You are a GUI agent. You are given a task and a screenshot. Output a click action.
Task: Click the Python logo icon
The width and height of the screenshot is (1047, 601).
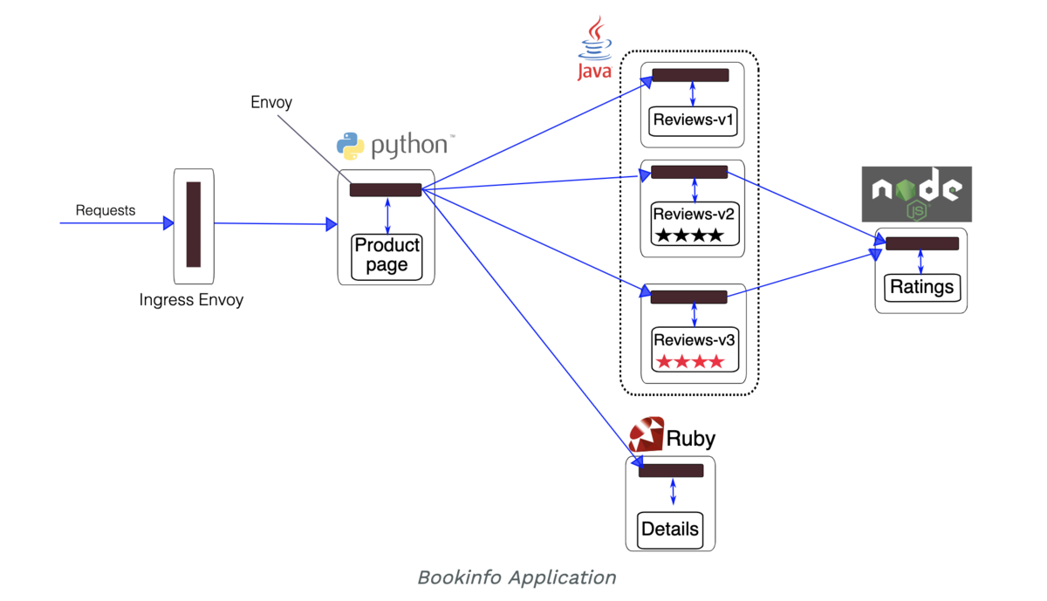click(350, 146)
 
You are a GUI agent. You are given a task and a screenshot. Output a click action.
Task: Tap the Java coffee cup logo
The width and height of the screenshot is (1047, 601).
click(595, 38)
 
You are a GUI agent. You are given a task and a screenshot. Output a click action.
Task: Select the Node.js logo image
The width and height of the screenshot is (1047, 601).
click(916, 194)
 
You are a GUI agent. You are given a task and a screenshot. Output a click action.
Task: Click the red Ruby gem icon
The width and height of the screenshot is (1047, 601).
click(647, 434)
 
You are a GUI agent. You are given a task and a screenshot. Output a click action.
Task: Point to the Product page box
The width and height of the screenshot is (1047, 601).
click(387, 256)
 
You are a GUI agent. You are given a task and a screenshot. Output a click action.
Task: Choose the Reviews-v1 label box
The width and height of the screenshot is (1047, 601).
click(694, 120)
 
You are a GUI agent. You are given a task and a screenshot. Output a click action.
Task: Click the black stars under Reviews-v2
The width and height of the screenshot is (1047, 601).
click(689, 235)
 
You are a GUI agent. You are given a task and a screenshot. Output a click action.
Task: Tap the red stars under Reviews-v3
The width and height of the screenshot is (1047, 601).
click(689, 361)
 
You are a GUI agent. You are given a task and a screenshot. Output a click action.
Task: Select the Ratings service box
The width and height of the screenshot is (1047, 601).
click(921, 287)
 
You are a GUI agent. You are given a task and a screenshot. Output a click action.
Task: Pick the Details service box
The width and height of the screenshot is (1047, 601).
click(670, 529)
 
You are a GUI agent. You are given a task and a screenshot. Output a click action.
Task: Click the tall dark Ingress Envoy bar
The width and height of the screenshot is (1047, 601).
click(194, 224)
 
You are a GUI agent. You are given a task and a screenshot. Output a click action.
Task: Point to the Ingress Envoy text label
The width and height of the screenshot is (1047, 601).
click(191, 300)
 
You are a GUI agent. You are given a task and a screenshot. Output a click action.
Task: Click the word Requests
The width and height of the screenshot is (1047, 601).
click(106, 210)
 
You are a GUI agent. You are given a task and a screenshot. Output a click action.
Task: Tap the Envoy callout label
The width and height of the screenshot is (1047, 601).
click(271, 102)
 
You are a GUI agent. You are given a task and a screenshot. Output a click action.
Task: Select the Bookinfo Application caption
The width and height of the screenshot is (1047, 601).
click(517, 577)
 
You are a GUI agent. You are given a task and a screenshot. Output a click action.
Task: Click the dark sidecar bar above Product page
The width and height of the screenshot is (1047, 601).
click(386, 190)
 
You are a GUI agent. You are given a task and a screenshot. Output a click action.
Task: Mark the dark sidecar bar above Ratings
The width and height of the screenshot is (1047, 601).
click(922, 244)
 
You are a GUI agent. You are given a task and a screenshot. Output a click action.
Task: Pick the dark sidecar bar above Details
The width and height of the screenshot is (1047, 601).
click(671, 471)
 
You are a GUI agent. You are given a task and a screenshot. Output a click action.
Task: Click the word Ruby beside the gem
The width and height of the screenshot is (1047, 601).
click(691, 438)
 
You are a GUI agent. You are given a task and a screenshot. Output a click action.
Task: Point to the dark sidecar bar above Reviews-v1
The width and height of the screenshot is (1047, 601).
click(690, 76)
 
